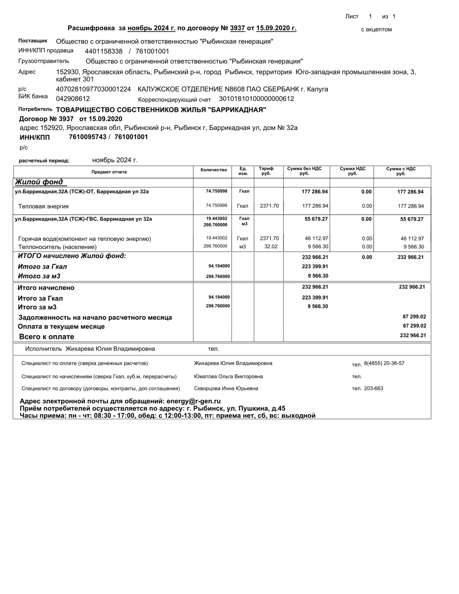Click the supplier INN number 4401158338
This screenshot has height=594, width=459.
[x=104, y=51]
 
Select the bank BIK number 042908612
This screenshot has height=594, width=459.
[x=73, y=99]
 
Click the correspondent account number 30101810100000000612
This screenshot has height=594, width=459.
[x=256, y=99]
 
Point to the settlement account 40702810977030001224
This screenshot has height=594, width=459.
[x=93, y=89]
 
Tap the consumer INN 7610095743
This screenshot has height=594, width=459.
[x=87, y=137]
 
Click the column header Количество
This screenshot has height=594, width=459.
[x=214, y=170]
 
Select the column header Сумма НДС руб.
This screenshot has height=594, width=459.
[x=353, y=171]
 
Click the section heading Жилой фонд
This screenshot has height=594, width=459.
[x=39, y=182]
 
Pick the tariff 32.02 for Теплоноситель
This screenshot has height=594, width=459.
[x=271, y=246]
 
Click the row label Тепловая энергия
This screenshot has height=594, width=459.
[x=44, y=206]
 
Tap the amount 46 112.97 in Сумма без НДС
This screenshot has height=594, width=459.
[x=315, y=238]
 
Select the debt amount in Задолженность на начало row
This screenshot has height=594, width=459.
[x=414, y=317]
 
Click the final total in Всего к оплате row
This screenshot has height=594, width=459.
[x=413, y=335]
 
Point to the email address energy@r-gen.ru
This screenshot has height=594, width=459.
[x=193, y=401]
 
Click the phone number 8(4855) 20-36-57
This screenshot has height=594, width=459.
[x=384, y=363]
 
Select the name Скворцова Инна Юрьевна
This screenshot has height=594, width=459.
[x=226, y=388]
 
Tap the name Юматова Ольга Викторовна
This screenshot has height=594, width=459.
[x=228, y=377]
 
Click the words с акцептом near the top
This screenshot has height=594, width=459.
[x=376, y=29]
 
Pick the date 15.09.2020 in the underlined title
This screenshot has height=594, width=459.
[x=276, y=28]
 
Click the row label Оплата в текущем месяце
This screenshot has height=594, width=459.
[x=61, y=327]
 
